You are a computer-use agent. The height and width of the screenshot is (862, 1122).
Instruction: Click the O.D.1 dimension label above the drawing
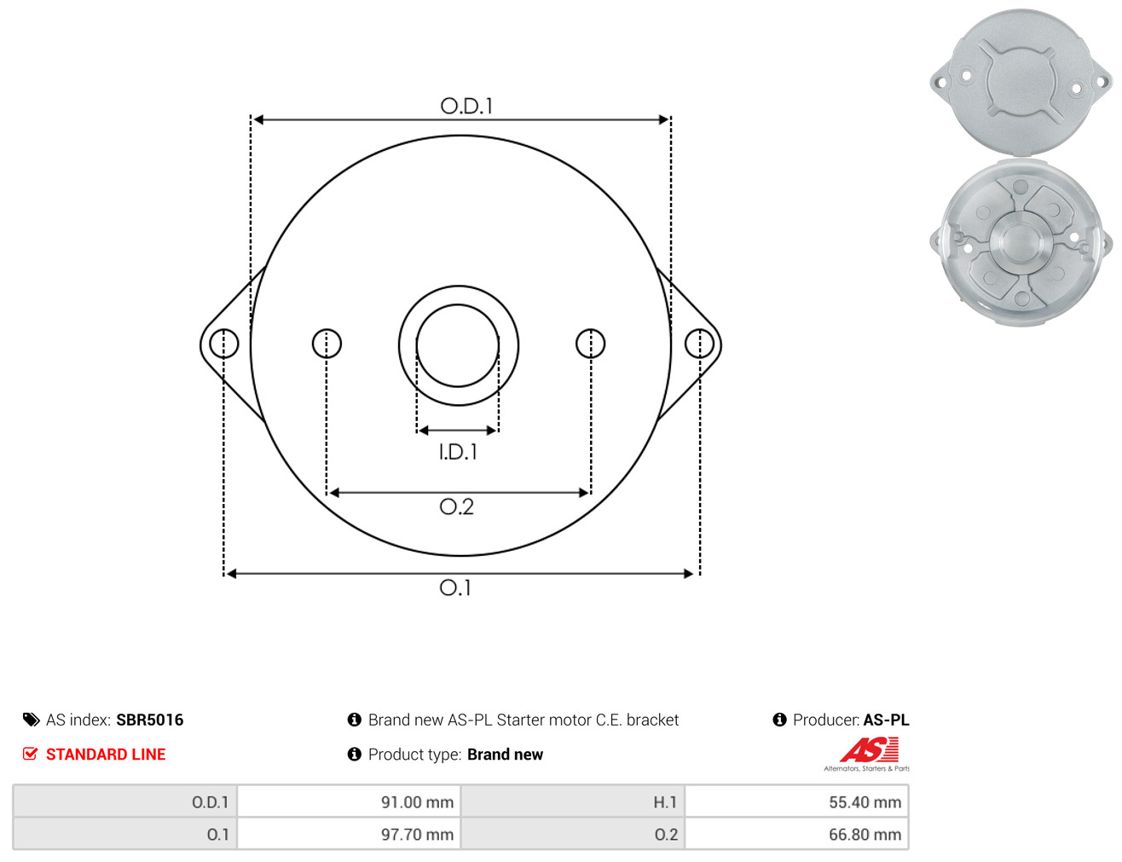coord(466,106)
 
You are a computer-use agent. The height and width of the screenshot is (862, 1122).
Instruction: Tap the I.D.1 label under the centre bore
coord(458,452)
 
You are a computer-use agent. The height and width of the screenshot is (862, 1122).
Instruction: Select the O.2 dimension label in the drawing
coord(456,506)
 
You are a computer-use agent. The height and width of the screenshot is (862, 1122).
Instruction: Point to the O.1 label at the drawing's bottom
coord(455,587)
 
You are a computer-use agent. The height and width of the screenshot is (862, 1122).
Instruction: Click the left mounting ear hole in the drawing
coord(224,344)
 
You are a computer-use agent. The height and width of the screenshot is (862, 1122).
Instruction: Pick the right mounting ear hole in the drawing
coord(699,344)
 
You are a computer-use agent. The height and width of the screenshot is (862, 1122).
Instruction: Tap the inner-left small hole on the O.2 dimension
coord(327,344)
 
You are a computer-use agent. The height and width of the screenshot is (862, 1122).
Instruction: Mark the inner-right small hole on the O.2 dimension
coord(590,344)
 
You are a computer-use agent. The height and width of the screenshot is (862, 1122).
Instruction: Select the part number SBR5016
coord(150,720)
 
